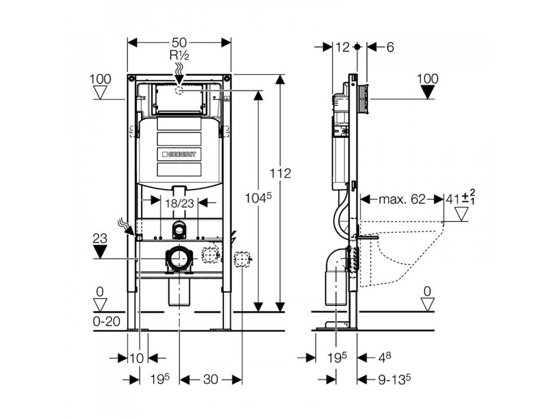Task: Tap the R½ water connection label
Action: (x=179, y=55)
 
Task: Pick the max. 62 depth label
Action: (x=402, y=200)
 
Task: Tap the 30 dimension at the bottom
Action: (x=211, y=379)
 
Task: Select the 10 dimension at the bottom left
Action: (x=137, y=358)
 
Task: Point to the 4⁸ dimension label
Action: (x=384, y=358)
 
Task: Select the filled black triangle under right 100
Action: (x=428, y=93)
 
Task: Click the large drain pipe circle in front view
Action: (x=179, y=258)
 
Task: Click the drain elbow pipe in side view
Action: (x=337, y=275)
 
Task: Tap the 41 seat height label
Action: (x=459, y=200)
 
